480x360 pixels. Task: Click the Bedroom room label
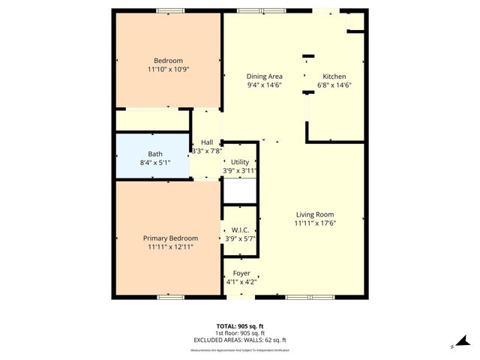point(168,61)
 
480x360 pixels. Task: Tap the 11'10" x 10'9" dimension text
point(168,70)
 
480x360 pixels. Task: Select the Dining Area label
point(265,76)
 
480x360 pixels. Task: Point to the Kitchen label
point(334,76)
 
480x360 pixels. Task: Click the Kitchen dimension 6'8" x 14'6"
point(334,85)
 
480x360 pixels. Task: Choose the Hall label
point(207,142)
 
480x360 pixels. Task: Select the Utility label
point(240,162)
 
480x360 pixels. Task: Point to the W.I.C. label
point(240,230)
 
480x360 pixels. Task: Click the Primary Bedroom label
point(171,238)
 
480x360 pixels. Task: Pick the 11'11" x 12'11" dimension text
point(171,247)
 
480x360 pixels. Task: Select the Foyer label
point(241,273)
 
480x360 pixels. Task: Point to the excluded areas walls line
point(240,340)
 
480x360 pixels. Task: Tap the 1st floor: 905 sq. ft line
point(240,333)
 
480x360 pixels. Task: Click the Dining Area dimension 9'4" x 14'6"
point(265,85)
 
